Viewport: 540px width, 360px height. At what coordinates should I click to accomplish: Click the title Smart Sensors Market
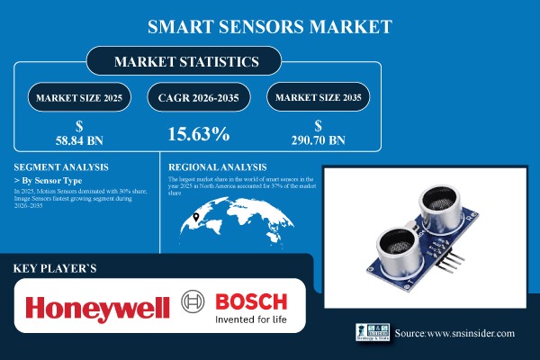(x=269, y=27)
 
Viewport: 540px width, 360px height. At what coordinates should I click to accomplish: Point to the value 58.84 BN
(x=78, y=141)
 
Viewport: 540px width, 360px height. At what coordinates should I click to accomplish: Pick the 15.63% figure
(x=199, y=135)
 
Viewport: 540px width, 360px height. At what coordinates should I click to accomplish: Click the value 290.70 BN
(x=320, y=141)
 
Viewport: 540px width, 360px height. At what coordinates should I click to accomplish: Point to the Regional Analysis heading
(x=218, y=167)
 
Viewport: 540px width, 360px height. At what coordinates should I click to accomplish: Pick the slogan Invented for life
(x=249, y=319)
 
